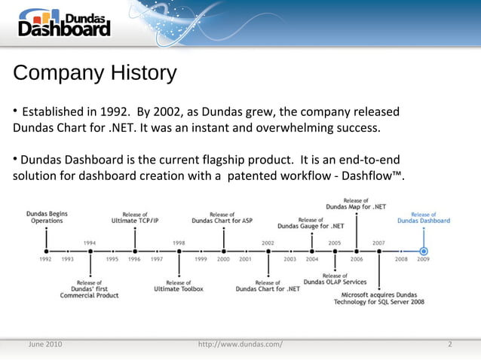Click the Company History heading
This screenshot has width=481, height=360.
[94, 74]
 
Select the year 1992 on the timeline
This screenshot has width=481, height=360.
[46, 259]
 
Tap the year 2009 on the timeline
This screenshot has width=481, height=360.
[423, 259]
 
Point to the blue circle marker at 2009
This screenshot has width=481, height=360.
[424, 251]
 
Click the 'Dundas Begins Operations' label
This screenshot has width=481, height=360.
[46, 217]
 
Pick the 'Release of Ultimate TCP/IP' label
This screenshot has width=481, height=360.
[135, 217]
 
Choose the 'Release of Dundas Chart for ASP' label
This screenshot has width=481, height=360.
[222, 217]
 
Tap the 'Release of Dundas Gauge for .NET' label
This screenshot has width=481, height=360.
[311, 222]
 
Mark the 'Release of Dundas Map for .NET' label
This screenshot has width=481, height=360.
[356, 203]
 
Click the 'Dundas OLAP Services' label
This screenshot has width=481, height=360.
[335, 279]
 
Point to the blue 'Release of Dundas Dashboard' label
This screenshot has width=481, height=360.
[424, 217]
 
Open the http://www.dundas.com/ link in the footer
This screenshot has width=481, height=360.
[240, 344]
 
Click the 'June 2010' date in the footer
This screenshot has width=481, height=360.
[44, 344]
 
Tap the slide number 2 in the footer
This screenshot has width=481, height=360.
[449, 344]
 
